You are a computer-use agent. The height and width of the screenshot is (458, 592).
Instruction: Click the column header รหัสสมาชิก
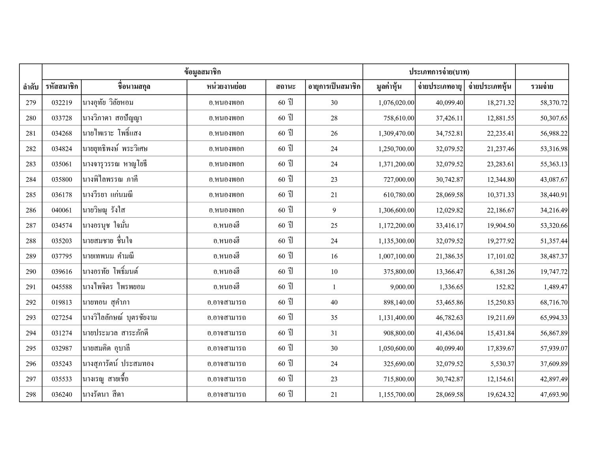tap(62, 87)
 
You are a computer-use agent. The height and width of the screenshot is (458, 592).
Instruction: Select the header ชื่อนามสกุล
tap(134, 87)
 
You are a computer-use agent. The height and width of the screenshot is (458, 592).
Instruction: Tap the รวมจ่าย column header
tap(542, 87)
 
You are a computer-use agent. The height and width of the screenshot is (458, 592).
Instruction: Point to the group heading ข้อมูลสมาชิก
tap(202, 72)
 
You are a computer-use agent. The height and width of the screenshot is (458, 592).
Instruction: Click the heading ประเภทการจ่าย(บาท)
tap(439, 72)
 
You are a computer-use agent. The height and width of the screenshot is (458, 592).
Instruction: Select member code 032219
tap(62, 103)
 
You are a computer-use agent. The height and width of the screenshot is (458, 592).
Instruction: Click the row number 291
tap(31, 287)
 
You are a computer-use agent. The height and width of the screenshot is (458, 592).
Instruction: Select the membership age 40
tap(334, 302)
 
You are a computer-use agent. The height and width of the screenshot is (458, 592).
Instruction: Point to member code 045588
tap(62, 287)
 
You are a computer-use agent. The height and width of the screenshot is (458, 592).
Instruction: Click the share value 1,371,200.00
tap(396, 164)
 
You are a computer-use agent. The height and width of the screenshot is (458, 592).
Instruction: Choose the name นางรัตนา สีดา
tap(103, 394)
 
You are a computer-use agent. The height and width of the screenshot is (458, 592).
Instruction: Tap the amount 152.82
tap(505, 287)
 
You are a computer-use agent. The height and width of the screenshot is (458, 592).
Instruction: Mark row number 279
tap(31, 103)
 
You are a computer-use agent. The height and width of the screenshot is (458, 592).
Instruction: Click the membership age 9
tap(334, 210)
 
